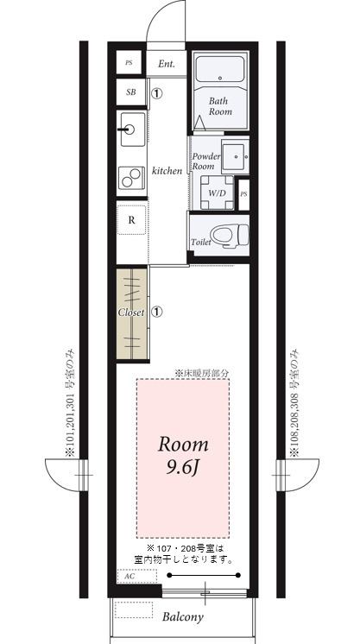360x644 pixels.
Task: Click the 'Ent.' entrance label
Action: point(167,64)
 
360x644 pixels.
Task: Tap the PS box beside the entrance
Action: point(129,64)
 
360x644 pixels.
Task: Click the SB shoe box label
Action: point(130,92)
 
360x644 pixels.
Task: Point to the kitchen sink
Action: point(131,130)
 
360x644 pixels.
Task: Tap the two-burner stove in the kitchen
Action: point(132,179)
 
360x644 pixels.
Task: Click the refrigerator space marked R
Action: point(131,219)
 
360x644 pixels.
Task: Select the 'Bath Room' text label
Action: point(220,106)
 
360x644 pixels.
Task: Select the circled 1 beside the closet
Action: point(157,312)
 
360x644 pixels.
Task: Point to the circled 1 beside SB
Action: point(157,92)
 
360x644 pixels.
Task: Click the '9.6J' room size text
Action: point(182,469)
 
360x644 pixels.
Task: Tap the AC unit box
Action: point(129,576)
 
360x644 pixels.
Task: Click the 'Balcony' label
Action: point(183,617)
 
